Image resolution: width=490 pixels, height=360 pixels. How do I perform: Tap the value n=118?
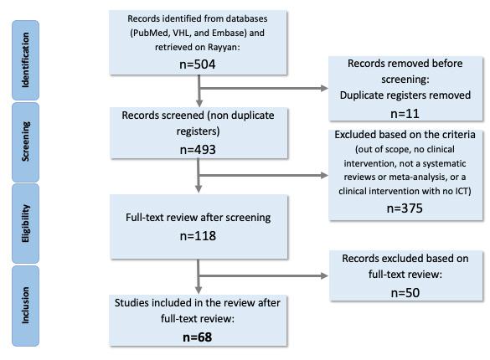pyautogui.click(x=199, y=236)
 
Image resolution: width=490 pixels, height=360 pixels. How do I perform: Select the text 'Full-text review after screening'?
pyautogui.click(x=199, y=218)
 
